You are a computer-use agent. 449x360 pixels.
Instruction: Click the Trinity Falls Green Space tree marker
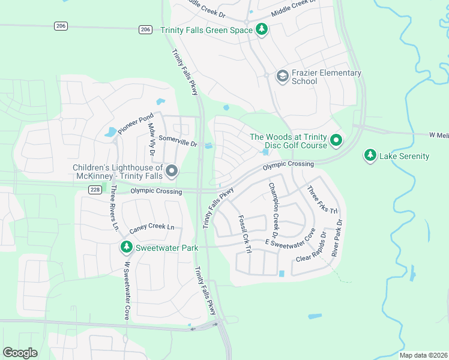pos(261,29)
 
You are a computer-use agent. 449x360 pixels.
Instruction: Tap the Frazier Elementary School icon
pos(282,76)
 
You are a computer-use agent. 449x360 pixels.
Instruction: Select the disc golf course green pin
pos(336,140)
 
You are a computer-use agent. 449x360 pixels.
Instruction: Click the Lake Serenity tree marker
pos(370,156)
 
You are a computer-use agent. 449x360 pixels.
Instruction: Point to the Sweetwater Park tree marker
pos(126,247)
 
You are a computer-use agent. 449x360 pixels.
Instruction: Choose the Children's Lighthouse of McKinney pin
pos(172,172)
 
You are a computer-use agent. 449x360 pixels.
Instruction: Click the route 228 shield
pos(95,190)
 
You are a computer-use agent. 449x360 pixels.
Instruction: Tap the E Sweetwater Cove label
pos(291,242)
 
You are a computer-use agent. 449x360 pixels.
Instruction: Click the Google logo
pos(20,353)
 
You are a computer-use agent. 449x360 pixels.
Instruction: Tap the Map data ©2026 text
pos(423,355)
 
